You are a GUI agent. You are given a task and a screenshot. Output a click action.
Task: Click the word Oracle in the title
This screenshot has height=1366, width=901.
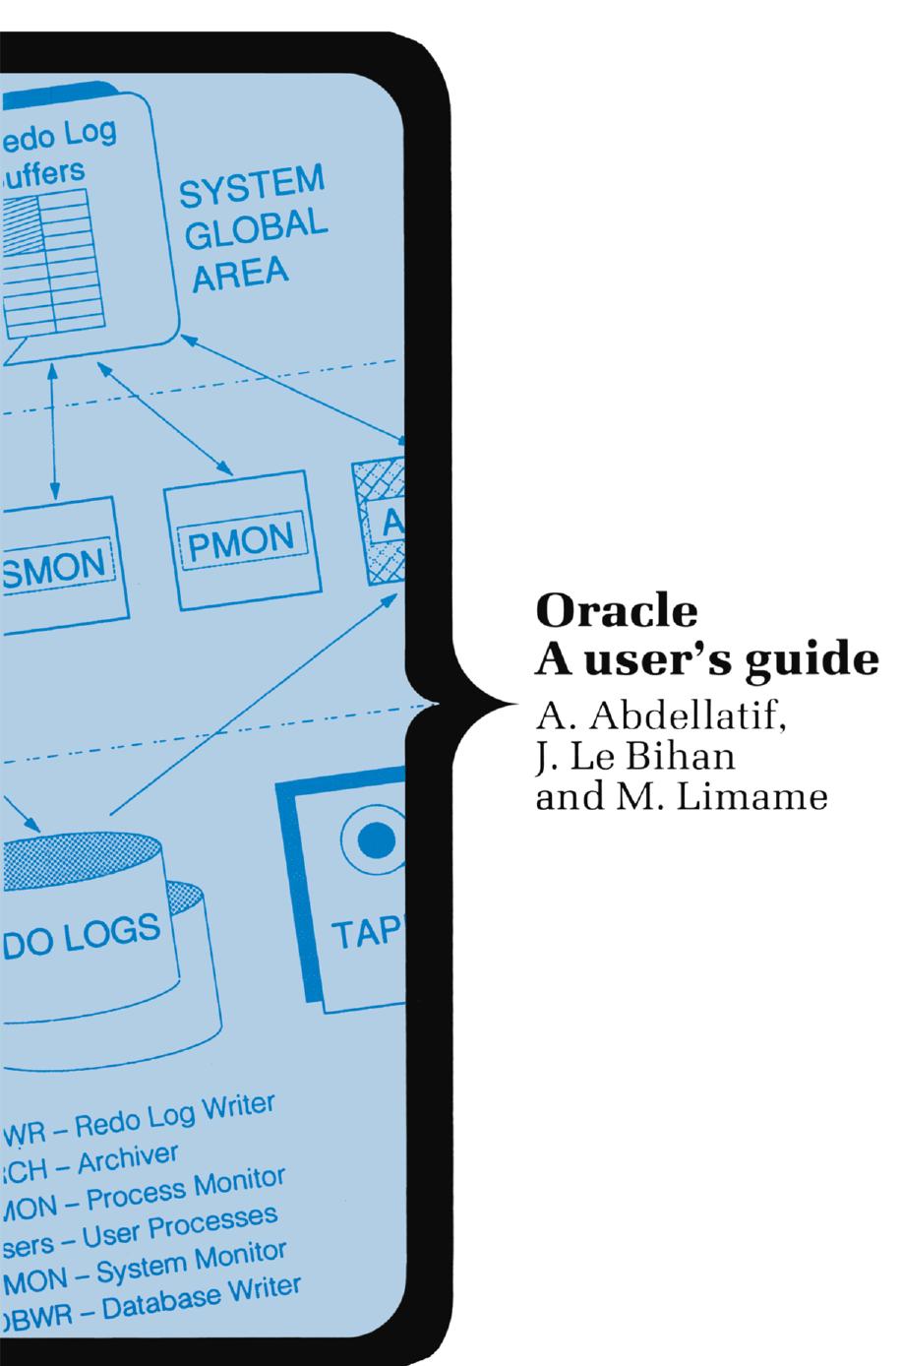click(x=616, y=611)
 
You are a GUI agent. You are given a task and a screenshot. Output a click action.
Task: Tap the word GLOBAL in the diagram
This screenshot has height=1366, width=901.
click(x=256, y=229)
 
